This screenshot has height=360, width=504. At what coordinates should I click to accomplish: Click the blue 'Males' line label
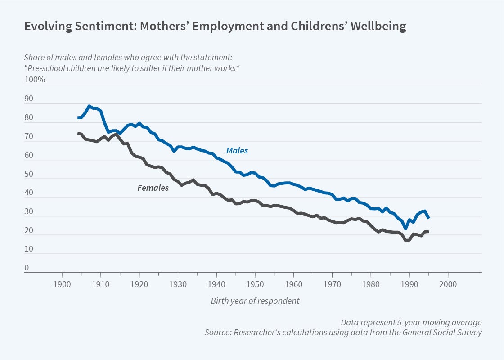237,151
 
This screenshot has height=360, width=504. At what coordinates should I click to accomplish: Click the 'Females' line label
153,188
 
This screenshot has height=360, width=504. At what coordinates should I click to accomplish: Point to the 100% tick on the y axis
35,80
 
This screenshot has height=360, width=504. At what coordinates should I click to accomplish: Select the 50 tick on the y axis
29,174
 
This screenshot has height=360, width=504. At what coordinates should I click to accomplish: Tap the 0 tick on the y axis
27,268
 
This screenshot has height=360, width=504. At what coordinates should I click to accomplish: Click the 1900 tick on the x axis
62,284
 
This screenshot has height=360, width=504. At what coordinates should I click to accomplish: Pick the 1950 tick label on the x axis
255,284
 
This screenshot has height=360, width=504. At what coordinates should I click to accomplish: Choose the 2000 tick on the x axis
448,284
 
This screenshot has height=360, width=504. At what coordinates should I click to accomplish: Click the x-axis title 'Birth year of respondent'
255,301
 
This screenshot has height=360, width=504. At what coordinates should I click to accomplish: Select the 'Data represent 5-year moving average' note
411,323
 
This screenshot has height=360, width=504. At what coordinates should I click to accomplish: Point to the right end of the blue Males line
429,218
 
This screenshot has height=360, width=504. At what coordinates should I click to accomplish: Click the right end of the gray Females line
428,232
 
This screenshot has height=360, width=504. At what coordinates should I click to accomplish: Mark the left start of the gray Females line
78,133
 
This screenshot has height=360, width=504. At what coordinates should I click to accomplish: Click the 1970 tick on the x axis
332,284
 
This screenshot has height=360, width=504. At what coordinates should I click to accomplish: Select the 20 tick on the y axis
29,230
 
